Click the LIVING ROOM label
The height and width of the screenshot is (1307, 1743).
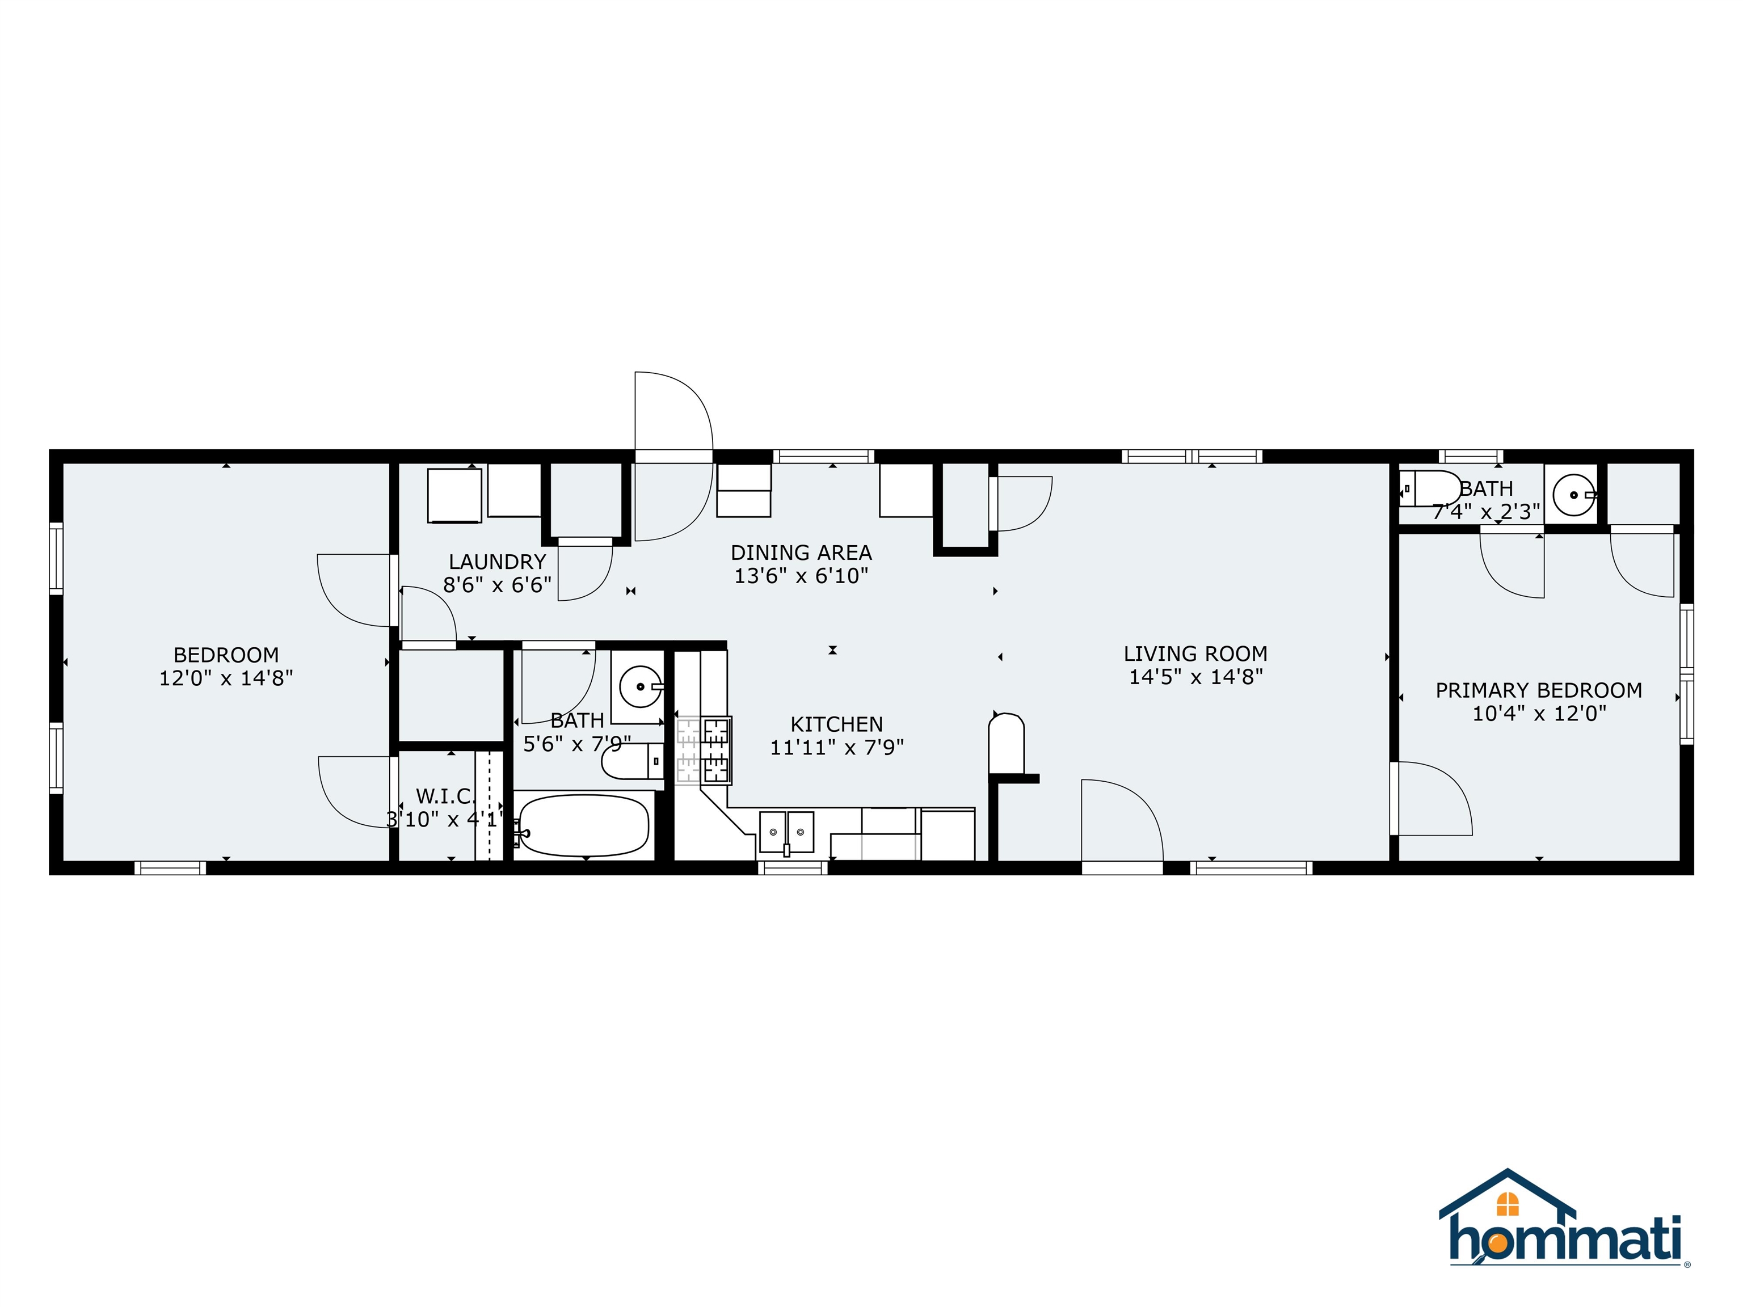(x=1195, y=654)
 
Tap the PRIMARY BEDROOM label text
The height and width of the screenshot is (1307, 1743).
(x=1538, y=690)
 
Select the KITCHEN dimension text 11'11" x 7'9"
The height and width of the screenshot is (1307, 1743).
(x=836, y=747)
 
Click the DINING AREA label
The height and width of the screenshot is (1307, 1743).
(x=801, y=553)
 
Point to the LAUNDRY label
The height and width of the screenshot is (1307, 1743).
(x=497, y=562)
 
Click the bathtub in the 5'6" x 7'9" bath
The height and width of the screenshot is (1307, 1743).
(x=584, y=825)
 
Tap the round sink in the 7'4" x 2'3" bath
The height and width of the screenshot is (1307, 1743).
(x=1573, y=495)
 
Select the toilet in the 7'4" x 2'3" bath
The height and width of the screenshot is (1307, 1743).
(x=1430, y=488)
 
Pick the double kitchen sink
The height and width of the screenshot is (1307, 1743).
(x=786, y=831)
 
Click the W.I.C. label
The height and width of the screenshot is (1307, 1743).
(x=445, y=796)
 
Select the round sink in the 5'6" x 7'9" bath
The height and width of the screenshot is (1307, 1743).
(x=640, y=687)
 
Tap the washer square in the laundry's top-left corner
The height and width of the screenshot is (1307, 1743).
(x=454, y=495)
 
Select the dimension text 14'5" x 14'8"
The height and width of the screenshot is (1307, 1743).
(x=1195, y=677)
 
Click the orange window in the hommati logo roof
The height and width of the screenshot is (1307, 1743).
(x=1508, y=1204)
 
